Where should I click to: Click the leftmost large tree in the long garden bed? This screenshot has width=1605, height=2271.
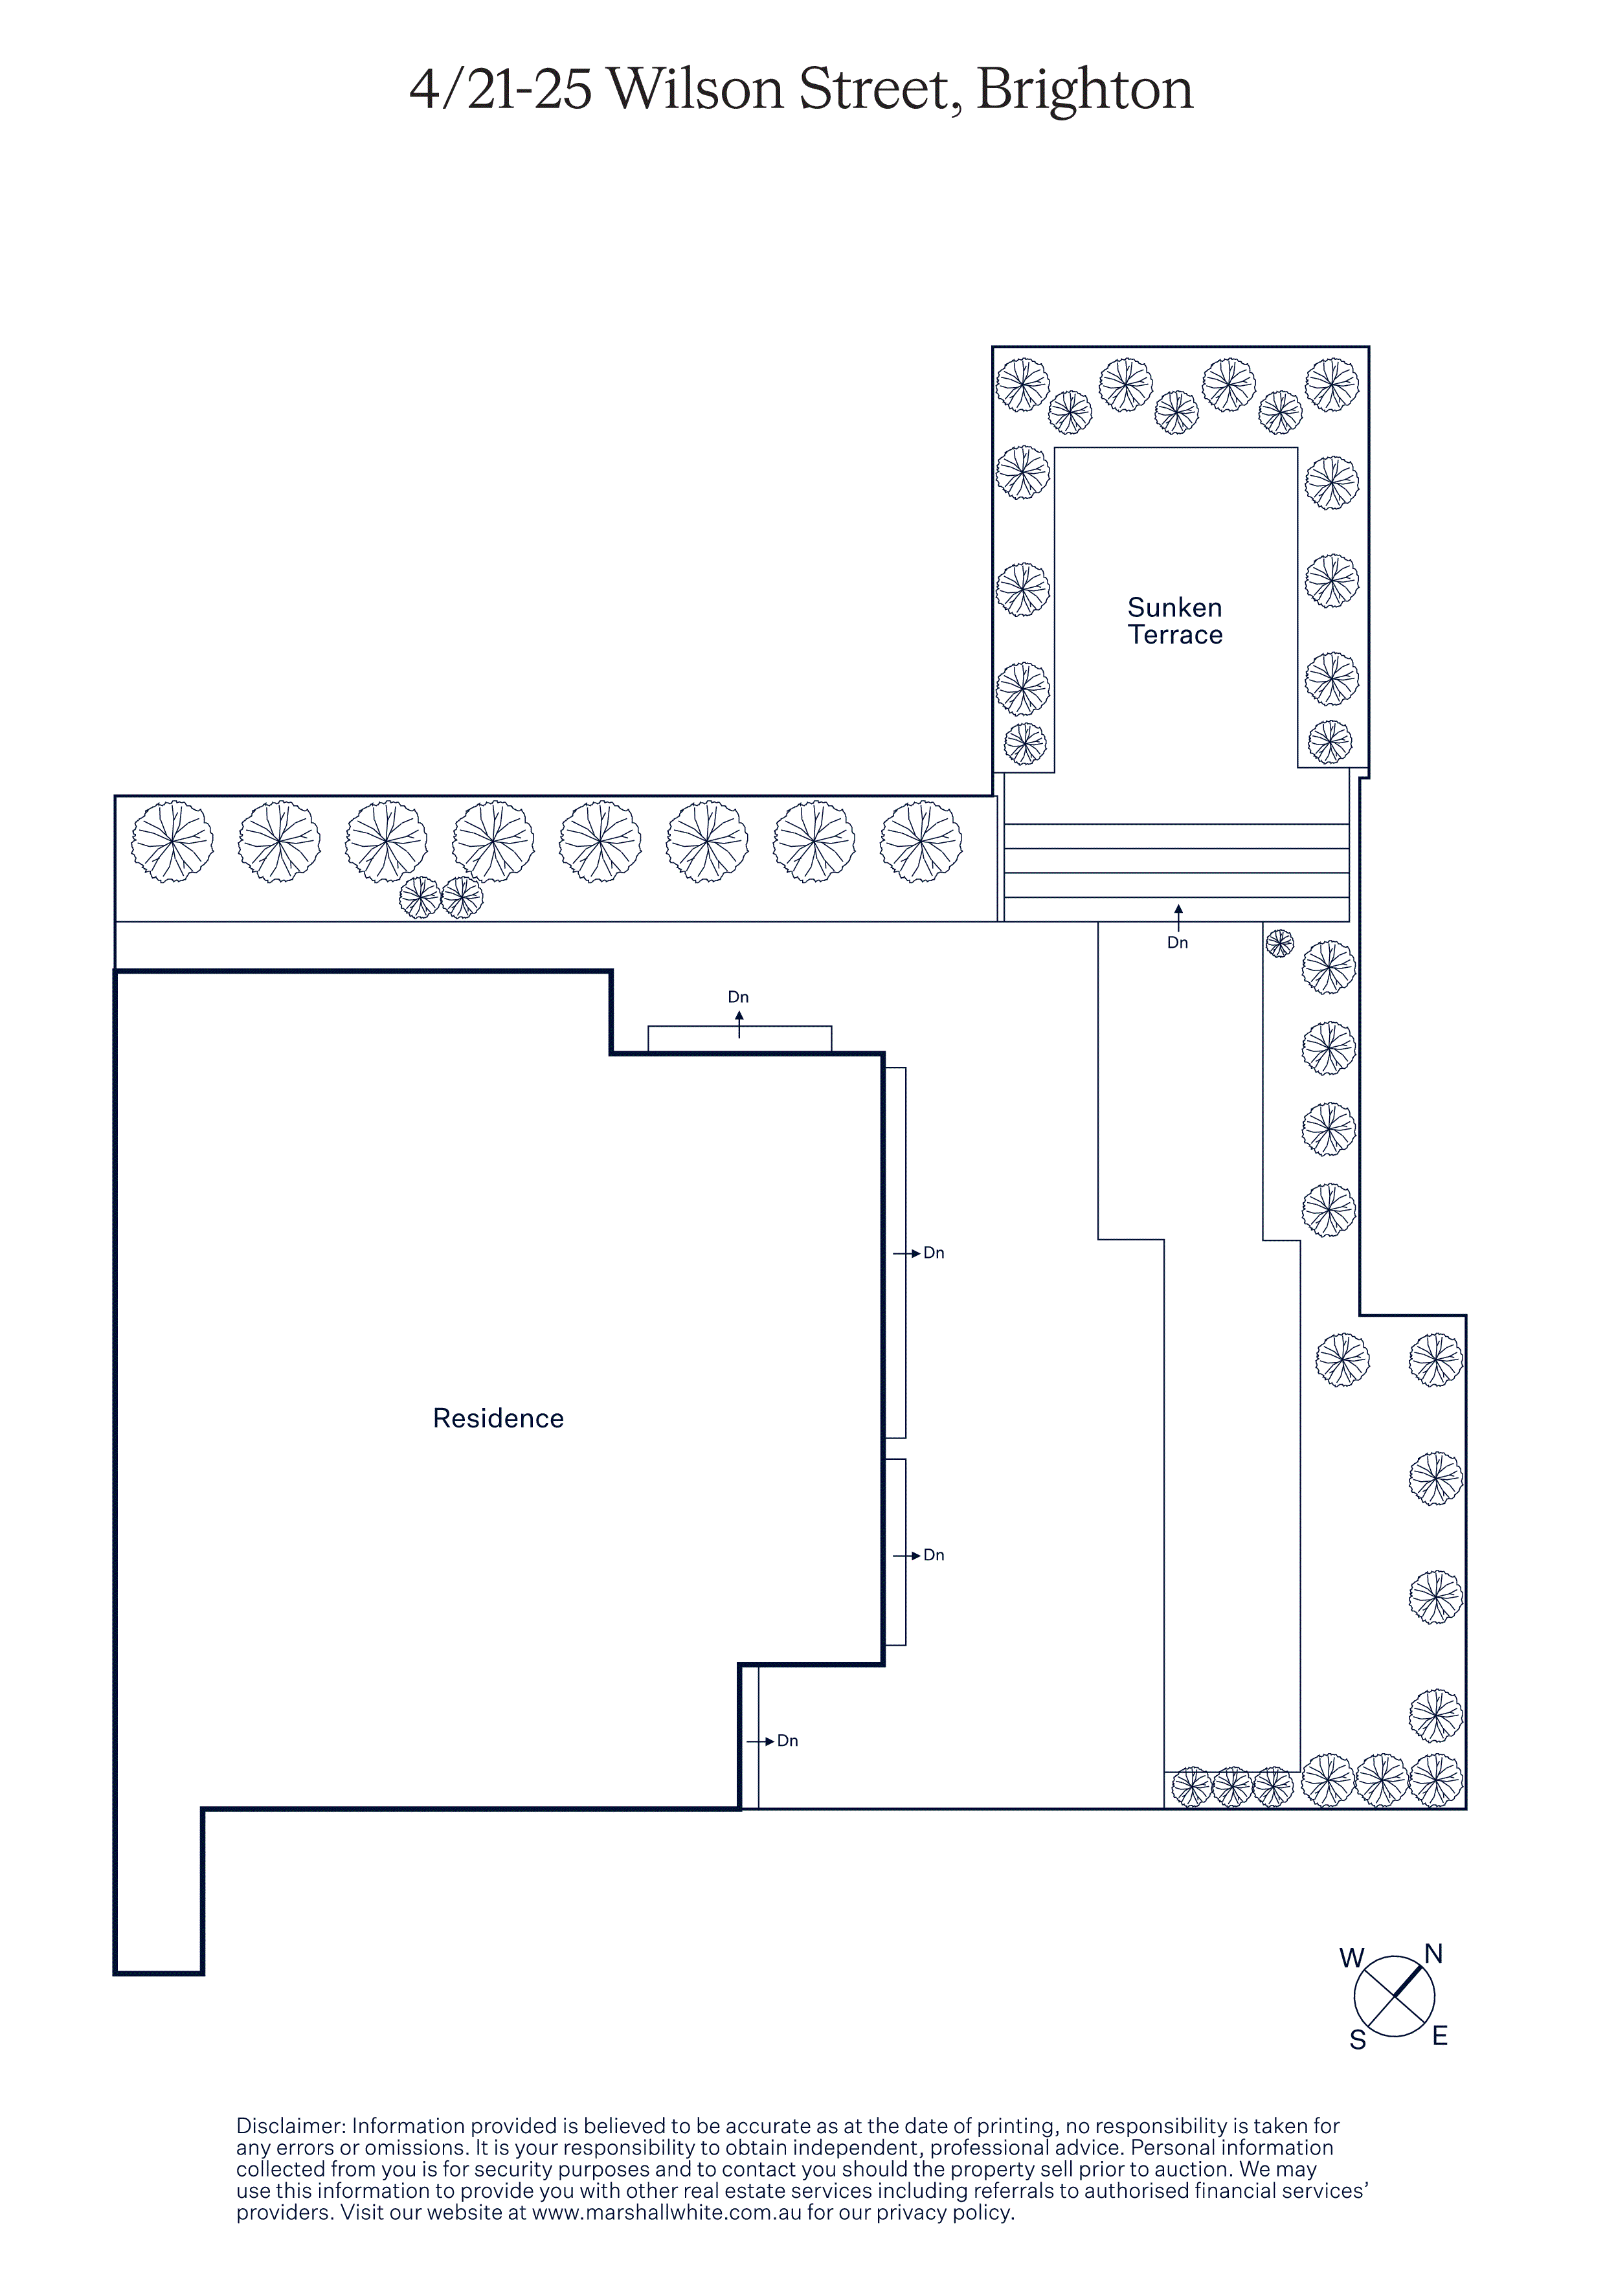172,842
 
